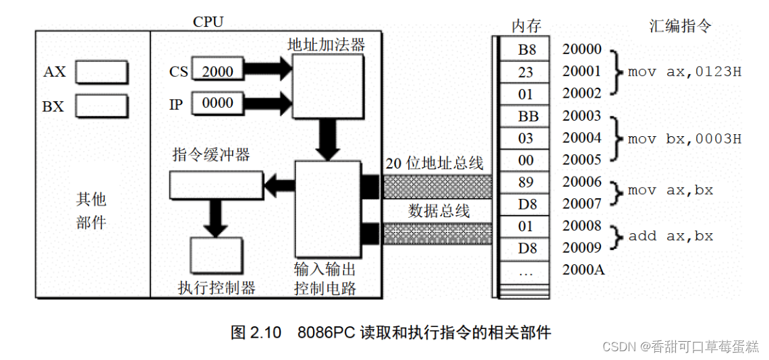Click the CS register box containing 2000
(217, 71)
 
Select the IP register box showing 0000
(217, 103)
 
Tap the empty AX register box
(101, 71)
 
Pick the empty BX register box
(101, 106)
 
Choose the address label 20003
(581, 116)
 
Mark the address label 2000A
(581, 270)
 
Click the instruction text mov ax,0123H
(684, 72)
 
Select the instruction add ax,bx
(670, 237)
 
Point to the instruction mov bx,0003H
(684, 140)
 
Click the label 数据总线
(438, 210)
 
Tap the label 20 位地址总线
(434, 164)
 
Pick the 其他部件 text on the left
(91, 211)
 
